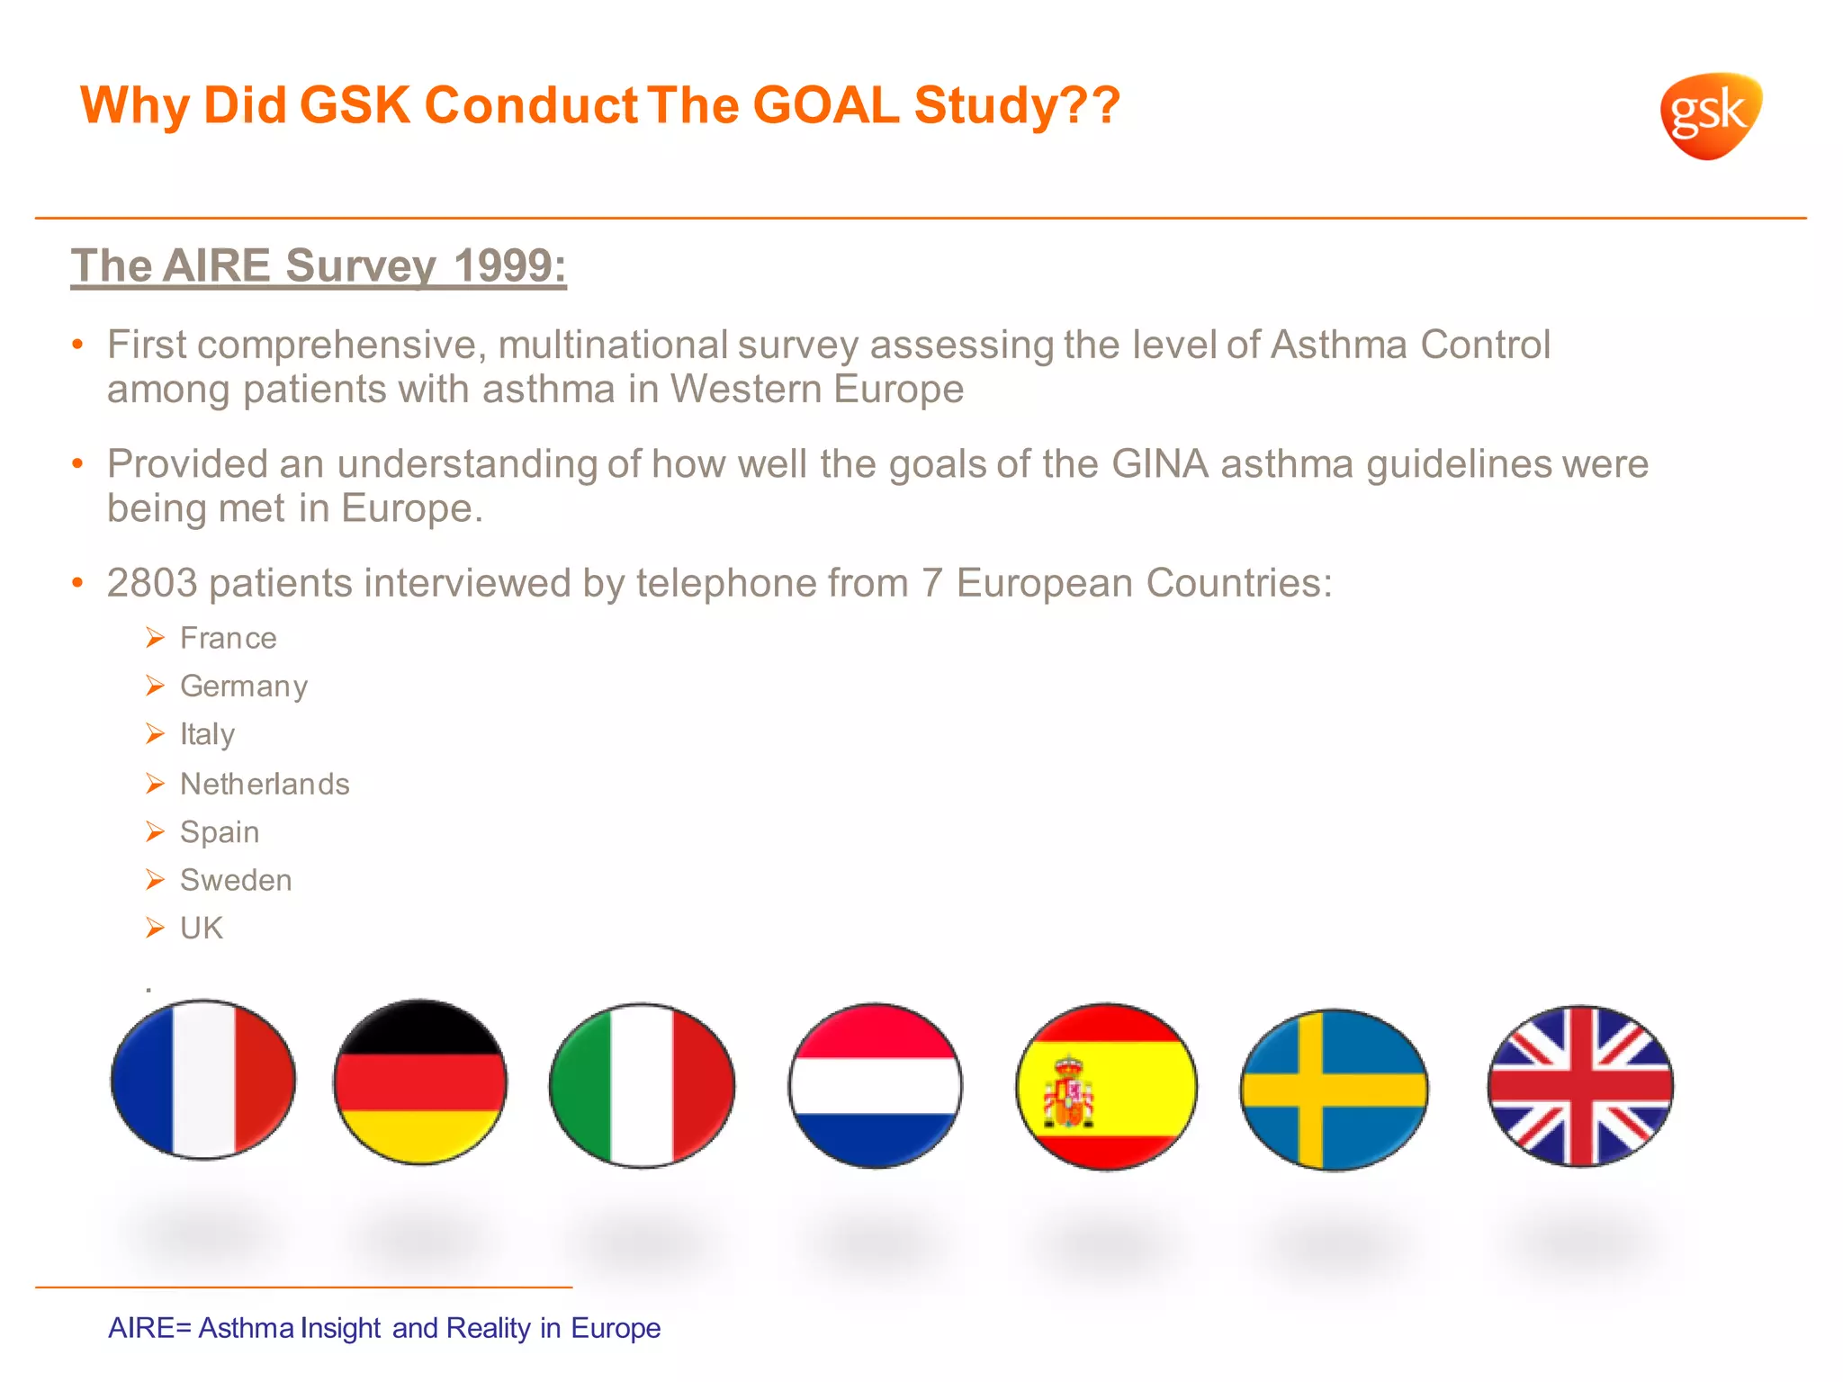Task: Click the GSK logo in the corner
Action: tap(1710, 115)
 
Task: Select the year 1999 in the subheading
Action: tap(508, 265)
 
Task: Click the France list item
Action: tap(228, 638)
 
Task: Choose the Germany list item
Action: tap(243, 687)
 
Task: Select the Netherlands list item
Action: tap(264, 784)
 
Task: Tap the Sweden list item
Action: tap(235, 880)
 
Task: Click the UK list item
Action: tap(201, 928)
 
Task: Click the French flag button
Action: tap(203, 1079)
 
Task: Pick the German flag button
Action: tap(420, 1081)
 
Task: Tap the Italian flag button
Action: tap(642, 1085)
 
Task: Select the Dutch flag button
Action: tap(875, 1085)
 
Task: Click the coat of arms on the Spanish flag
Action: tap(1067, 1094)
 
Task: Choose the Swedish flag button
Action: tap(1334, 1089)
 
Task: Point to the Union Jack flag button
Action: tap(1580, 1085)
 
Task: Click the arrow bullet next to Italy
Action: tap(155, 734)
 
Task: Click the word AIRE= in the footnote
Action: tap(149, 1328)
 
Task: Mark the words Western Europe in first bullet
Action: tap(816, 389)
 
